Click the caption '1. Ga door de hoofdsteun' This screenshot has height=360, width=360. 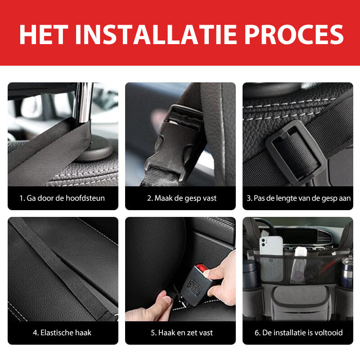62,198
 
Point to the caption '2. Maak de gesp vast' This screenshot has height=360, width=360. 181,198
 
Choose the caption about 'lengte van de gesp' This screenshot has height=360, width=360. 298,198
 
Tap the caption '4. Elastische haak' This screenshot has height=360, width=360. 62,333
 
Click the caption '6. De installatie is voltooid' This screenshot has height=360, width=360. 298,333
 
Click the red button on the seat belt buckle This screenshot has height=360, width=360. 206,271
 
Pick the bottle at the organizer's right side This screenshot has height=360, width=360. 346,272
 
